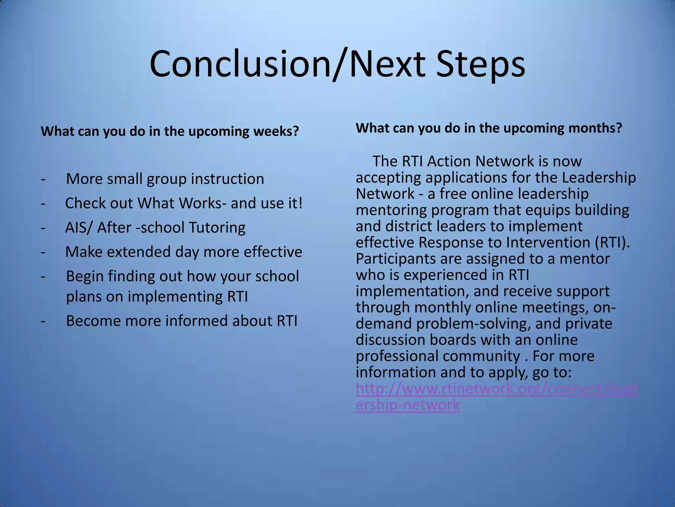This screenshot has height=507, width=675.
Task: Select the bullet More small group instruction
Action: (165, 179)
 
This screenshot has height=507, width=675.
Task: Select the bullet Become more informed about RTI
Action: (181, 321)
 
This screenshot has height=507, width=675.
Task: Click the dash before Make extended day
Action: (43, 252)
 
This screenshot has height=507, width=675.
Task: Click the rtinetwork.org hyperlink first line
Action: (496, 389)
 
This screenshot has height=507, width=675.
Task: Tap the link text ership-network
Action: (408, 405)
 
